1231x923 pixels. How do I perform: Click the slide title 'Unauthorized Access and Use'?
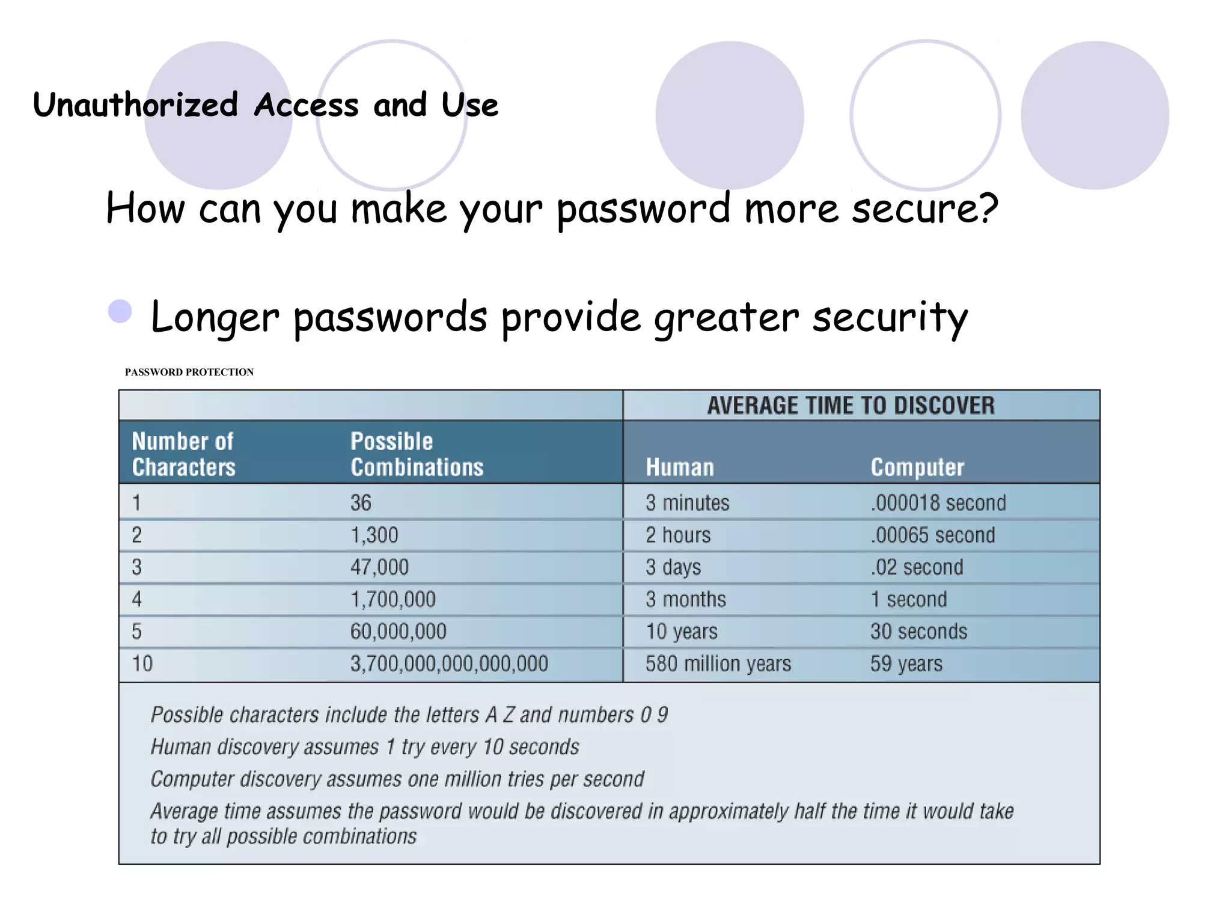click(x=265, y=105)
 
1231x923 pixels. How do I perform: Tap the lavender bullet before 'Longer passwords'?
click(x=120, y=312)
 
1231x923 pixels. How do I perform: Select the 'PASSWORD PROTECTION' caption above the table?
click(x=189, y=372)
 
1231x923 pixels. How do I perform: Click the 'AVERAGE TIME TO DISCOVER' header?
click(x=851, y=406)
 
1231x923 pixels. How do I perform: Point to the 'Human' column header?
click(x=680, y=467)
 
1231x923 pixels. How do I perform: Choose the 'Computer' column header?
click(x=917, y=467)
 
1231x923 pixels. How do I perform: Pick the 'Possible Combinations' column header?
click(x=417, y=454)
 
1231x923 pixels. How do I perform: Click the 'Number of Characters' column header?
click(x=183, y=454)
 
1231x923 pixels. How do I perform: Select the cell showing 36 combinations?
click(x=361, y=502)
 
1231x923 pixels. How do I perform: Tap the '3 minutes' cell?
click(x=688, y=502)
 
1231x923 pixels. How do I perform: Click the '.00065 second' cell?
click(x=933, y=535)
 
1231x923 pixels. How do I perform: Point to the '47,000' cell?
click(x=379, y=567)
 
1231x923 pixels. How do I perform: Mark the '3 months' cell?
click(x=686, y=599)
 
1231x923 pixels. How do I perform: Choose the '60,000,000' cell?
click(x=399, y=631)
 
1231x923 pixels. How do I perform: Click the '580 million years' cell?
click(x=718, y=663)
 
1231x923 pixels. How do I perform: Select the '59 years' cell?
click(x=906, y=663)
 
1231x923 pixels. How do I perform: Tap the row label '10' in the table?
click(x=142, y=663)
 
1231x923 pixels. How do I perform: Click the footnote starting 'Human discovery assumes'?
click(x=364, y=746)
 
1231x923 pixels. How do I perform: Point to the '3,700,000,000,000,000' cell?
click(x=449, y=663)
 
